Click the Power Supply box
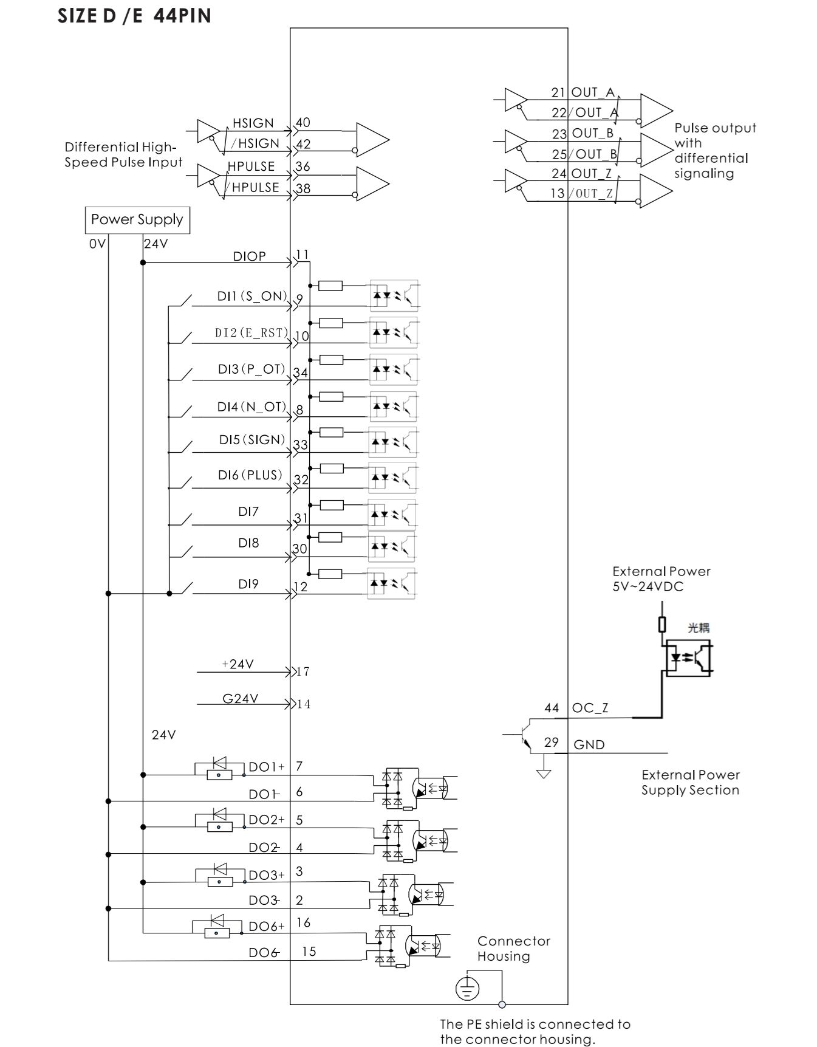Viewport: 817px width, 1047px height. coord(137,220)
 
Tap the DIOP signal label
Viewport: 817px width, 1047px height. coord(250,256)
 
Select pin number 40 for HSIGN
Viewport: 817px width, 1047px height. coord(303,123)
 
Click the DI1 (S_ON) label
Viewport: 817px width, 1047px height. coord(252,297)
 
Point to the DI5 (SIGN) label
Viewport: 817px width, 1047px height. coord(252,440)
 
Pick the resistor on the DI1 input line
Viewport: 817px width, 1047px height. coord(330,286)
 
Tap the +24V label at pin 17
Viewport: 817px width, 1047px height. coord(238,665)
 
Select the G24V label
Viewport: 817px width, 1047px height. coord(240,699)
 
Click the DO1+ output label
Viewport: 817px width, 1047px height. coord(266,767)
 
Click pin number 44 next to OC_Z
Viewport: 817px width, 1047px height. coord(552,709)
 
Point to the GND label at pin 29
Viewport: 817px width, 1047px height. coord(589,745)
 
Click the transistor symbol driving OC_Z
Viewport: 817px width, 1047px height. coord(525,735)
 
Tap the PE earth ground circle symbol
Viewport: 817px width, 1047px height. coord(467,989)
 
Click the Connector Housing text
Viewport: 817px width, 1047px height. coord(513,949)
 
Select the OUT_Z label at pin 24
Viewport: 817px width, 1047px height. coord(591,174)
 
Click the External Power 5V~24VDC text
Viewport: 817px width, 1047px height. coord(661,579)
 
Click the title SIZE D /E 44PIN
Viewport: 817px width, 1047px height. coord(135,16)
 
